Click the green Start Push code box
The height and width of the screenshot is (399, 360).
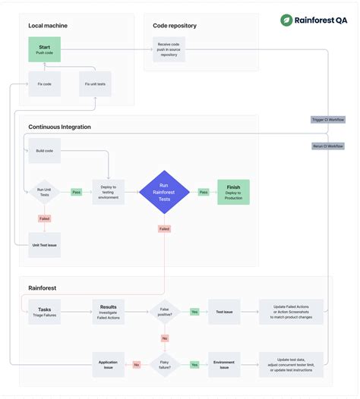44,50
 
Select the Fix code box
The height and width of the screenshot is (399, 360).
44,83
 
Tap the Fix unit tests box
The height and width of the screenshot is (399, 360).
95,83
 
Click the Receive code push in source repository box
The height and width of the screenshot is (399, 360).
169,50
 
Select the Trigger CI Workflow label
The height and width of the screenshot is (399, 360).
327,120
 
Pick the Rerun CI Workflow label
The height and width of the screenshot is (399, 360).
327,146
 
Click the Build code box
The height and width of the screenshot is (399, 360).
44,151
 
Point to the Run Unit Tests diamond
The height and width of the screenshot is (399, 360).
44,193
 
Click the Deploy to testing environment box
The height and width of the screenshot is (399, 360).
108,193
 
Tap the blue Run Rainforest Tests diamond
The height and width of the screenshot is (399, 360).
163,192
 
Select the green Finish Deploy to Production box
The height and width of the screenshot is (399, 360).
233,192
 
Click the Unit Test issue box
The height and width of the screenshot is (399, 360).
44,245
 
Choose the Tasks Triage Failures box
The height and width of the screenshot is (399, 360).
44,312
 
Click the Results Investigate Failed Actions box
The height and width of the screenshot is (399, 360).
108,312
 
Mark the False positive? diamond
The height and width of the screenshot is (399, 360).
164,312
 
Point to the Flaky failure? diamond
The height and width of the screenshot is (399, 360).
164,364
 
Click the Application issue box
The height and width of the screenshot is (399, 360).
108,364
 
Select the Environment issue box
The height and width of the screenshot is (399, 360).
224,364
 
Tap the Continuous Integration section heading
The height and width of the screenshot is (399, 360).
59,127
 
